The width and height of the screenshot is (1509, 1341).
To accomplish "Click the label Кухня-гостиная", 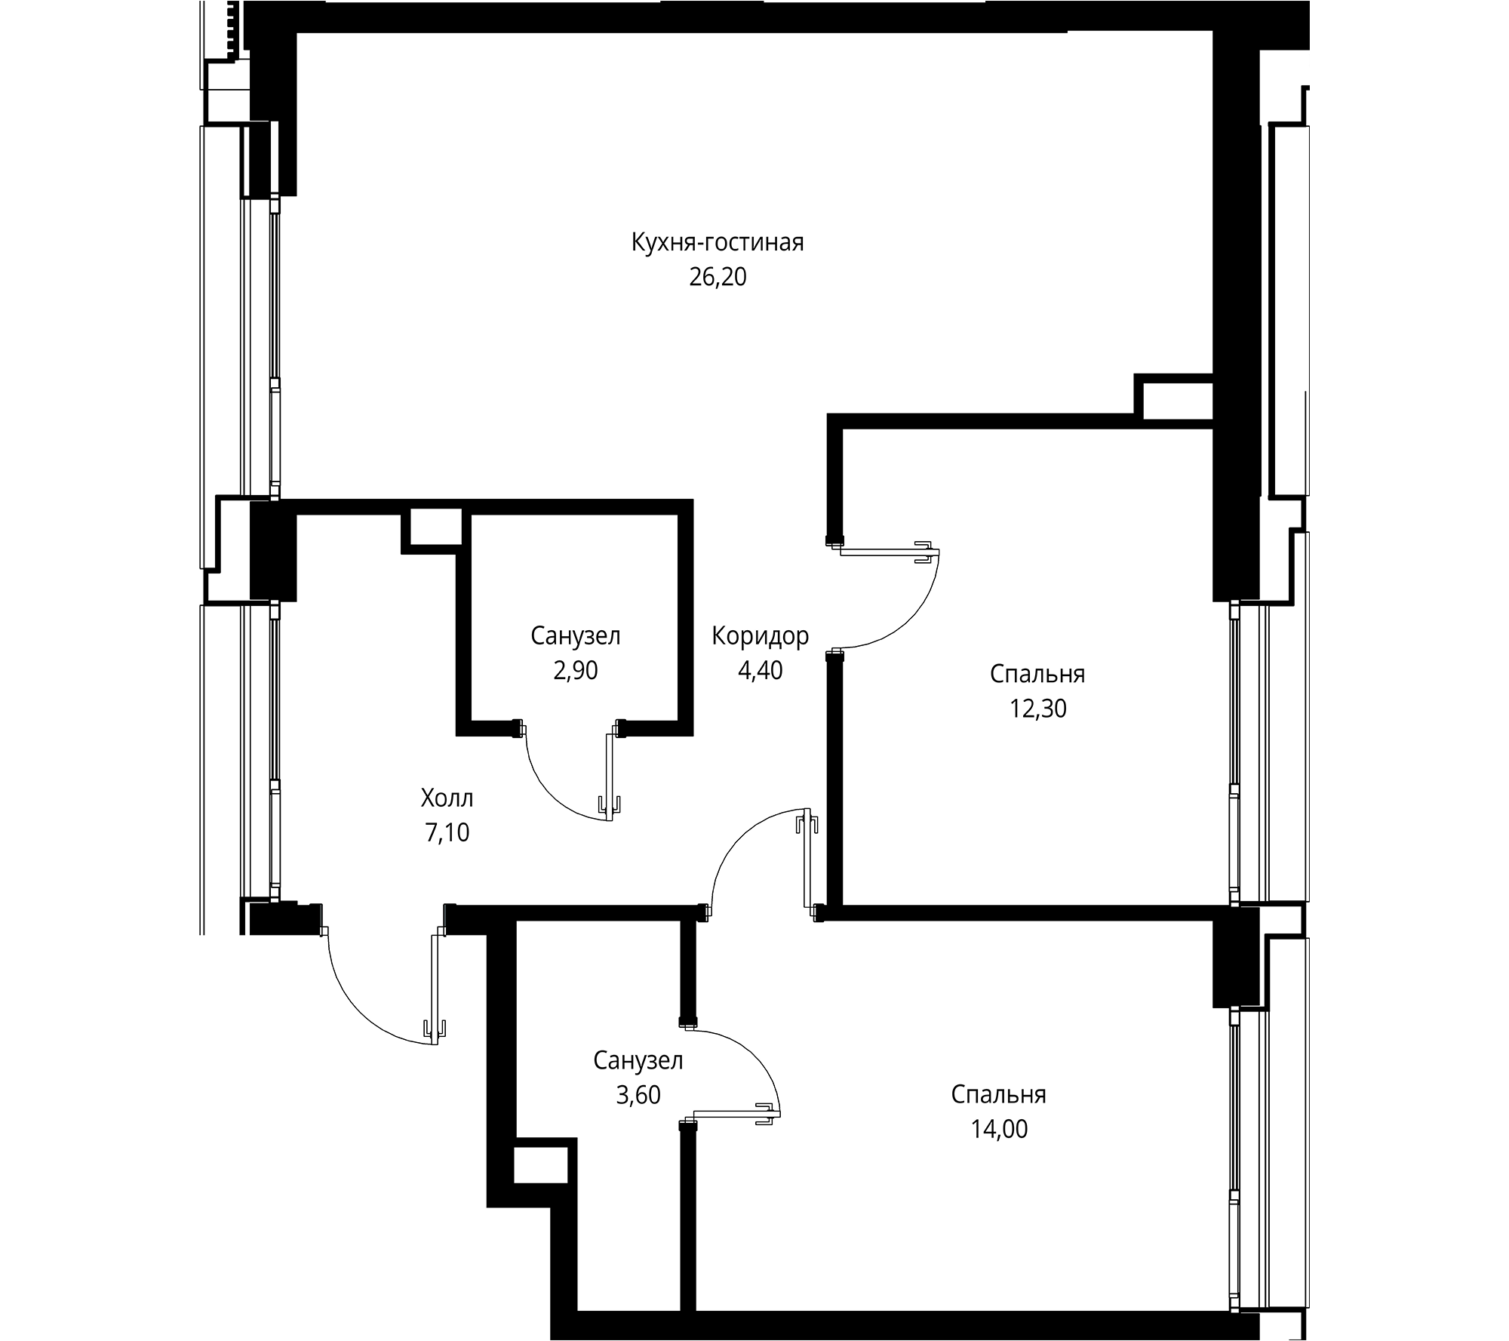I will (718, 243).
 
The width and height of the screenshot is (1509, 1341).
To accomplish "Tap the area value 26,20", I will (718, 278).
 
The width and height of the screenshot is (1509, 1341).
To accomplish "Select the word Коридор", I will (760, 636).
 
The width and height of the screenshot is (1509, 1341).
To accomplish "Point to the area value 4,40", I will (760, 670).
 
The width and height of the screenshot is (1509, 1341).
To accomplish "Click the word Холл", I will (447, 798).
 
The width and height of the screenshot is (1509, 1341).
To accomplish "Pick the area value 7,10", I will (447, 832).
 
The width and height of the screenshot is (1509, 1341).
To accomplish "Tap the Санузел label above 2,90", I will (576, 636).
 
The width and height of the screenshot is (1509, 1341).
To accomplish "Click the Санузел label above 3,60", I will (638, 1060).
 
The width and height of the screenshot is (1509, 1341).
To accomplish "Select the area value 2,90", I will (576, 670).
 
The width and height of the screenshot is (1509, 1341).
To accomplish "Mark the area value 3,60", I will (638, 1095).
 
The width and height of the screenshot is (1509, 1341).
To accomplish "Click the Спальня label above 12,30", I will (1037, 674).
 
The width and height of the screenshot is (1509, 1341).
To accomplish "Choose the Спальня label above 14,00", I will (998, 1094).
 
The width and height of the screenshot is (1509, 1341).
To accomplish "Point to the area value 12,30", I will (1037, 709).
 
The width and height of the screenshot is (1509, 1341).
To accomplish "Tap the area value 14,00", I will (998, 1129).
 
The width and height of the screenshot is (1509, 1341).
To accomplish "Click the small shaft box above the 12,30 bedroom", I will (1176, 398).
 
